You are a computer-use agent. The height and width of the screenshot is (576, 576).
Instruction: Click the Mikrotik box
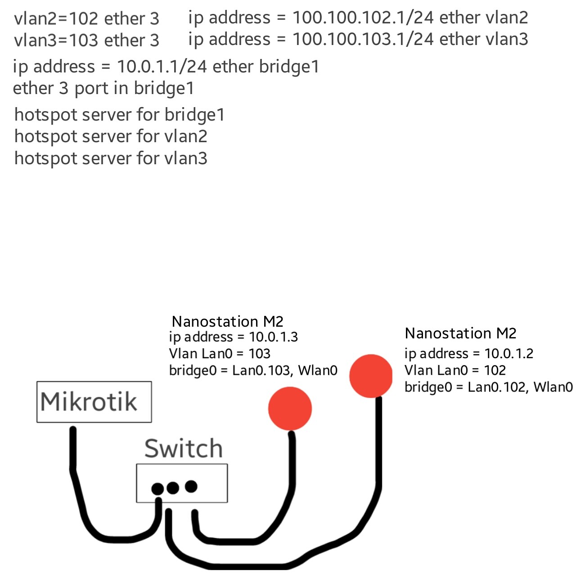tap(94, 402)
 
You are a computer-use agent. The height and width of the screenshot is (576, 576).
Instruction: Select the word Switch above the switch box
tap(184, 449)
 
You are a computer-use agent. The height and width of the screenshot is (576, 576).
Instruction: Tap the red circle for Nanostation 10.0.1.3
tap(290, 409)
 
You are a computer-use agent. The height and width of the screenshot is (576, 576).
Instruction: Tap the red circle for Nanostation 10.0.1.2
tap(371, 376)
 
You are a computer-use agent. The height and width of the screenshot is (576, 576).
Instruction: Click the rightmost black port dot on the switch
tap(191, 486)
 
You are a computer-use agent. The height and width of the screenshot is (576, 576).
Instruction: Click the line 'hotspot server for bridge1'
tap(119, 115)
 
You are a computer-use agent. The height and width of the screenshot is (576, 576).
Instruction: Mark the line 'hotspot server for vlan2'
tap(111, 136)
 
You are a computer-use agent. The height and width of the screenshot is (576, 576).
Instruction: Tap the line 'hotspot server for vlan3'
tap(111, 158)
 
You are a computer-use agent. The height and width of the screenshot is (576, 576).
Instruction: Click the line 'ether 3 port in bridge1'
tap(103, 88)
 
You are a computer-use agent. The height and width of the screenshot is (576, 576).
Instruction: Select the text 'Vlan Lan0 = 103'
tap(220, 354)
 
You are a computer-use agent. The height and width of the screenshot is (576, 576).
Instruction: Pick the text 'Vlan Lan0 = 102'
tap(455, 370)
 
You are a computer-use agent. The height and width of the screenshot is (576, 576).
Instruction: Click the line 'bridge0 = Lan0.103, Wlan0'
tap(253, 370)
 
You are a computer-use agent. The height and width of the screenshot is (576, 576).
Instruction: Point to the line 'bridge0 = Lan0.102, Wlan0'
tap(488, 387)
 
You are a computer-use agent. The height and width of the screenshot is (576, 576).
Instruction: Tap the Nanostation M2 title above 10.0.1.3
tap(228, 322)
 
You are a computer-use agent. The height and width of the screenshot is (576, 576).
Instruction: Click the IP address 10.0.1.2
tap(508, 354)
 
